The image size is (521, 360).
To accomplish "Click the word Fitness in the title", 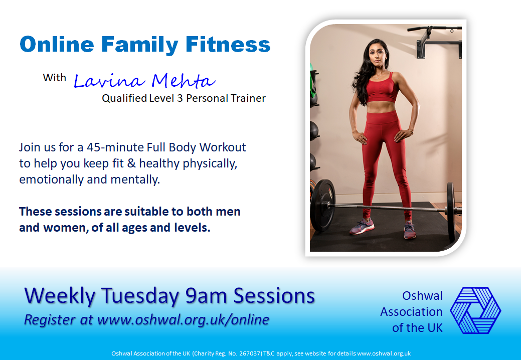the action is (228, 45).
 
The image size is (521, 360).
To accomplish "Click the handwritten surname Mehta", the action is (184, 80).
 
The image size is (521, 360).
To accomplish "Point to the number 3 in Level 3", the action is (180, 98).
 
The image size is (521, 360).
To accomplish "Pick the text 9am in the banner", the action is (206, 296).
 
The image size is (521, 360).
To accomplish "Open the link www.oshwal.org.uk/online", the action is (183, 319).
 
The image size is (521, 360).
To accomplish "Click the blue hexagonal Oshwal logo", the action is (475, 310).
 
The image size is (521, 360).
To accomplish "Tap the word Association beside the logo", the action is (411, 312).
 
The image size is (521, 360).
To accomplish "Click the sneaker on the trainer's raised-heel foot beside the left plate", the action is (362, 227).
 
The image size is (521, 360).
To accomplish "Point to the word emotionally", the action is (52, 179).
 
